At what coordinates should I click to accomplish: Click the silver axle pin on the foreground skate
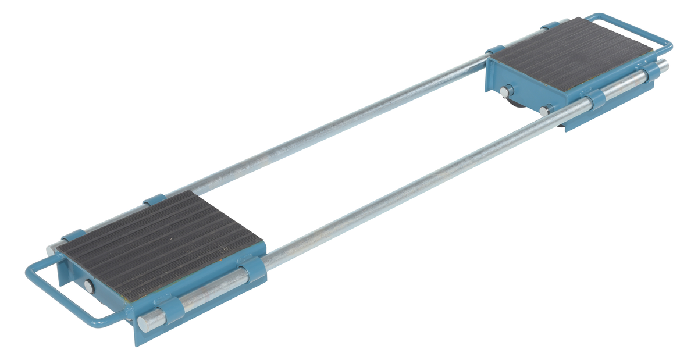click(x=88, y=286)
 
